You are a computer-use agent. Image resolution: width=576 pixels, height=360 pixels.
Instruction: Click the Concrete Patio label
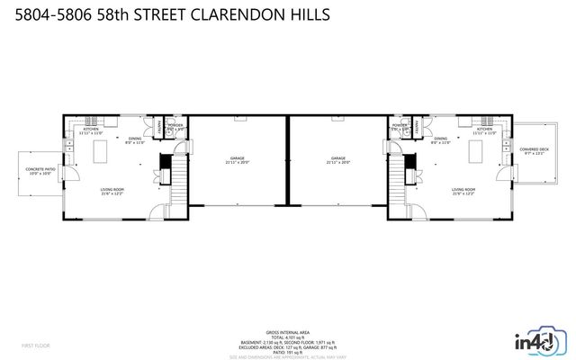(x=40, y=171)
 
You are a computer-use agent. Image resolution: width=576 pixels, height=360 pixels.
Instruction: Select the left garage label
(x=237, y=160)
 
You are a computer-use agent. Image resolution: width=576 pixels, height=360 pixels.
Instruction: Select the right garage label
(x=337, y=160)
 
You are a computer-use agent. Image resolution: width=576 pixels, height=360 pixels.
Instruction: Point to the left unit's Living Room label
(x=112, y=191)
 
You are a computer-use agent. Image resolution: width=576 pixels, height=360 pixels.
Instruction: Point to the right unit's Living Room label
(x=463, y=191)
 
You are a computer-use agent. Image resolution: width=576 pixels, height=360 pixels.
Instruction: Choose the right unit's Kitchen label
(x=484, y=130)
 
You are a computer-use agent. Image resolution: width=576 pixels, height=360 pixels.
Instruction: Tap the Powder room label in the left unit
(x=175, y=127)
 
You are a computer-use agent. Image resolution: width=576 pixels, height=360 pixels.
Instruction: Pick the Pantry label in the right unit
(x=414, y=129)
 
